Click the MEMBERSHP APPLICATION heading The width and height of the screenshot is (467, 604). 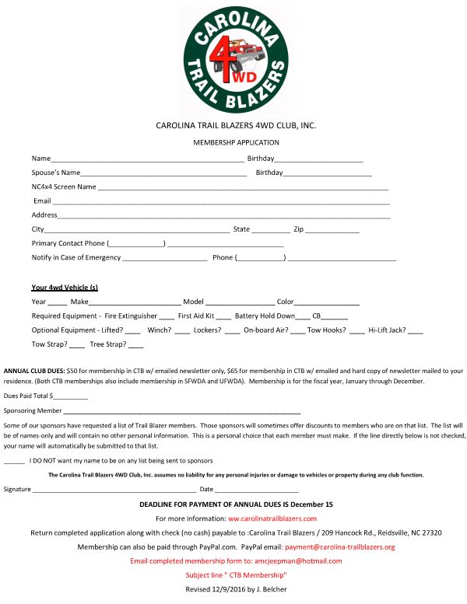[x=236, y=142]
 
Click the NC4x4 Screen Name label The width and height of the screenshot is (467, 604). [x=64, y=187]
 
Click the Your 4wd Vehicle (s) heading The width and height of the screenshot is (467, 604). [x=65, y=287]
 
